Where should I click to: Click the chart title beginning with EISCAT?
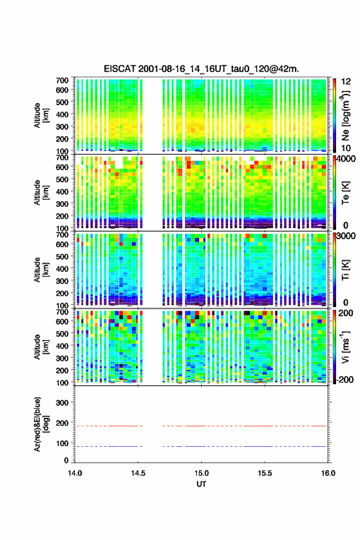pos(201,69)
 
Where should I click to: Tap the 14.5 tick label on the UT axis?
pos(138,473)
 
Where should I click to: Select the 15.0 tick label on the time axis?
pos(201,473)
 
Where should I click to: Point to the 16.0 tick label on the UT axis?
pos(328,473)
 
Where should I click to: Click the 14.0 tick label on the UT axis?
pos(75,473)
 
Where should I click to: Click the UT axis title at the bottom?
pos(201,484)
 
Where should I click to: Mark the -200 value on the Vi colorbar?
pos(345,379)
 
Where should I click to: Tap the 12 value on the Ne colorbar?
pos(346,82)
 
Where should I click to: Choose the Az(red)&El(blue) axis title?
pos(40,424)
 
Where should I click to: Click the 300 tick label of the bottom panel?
pos(62,403)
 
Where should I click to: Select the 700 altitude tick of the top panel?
pos(62,80)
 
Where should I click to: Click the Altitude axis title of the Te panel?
pos(40,193)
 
